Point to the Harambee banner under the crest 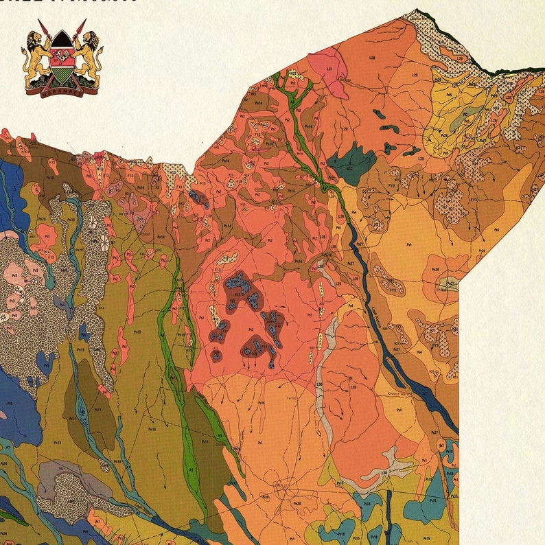pyautogui.click(x=62, y=91)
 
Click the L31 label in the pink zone pyautogui.click(x=329, y=69)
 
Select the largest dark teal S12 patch pyautogui.click(x=350, y=165)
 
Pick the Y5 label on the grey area pyautogui.click(x=60, y=469)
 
